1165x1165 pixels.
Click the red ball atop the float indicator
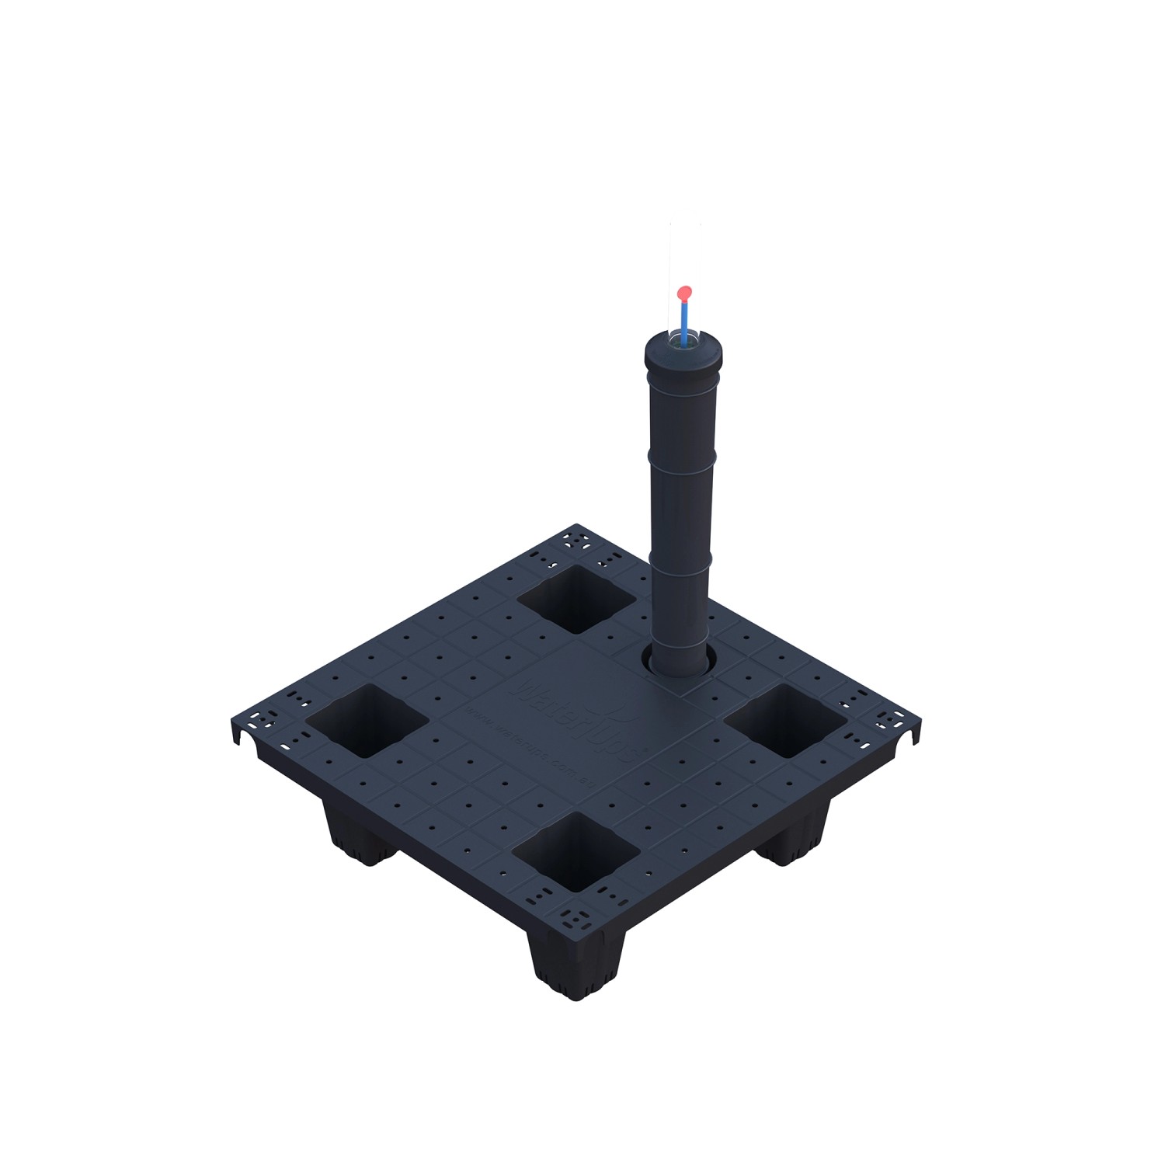pyautogui.click(x=684, y=294)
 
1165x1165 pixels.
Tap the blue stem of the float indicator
pyautogui.click(x=684, y=318)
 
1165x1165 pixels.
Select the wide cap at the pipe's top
pyautogui.click(x=683, y=353)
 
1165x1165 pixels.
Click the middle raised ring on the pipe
pyautogui.click(x=680, y=463)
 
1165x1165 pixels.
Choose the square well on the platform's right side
pyautogui.click(x=786, y=721)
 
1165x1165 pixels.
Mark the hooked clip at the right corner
pyautogui.click(x=909, y=730)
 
